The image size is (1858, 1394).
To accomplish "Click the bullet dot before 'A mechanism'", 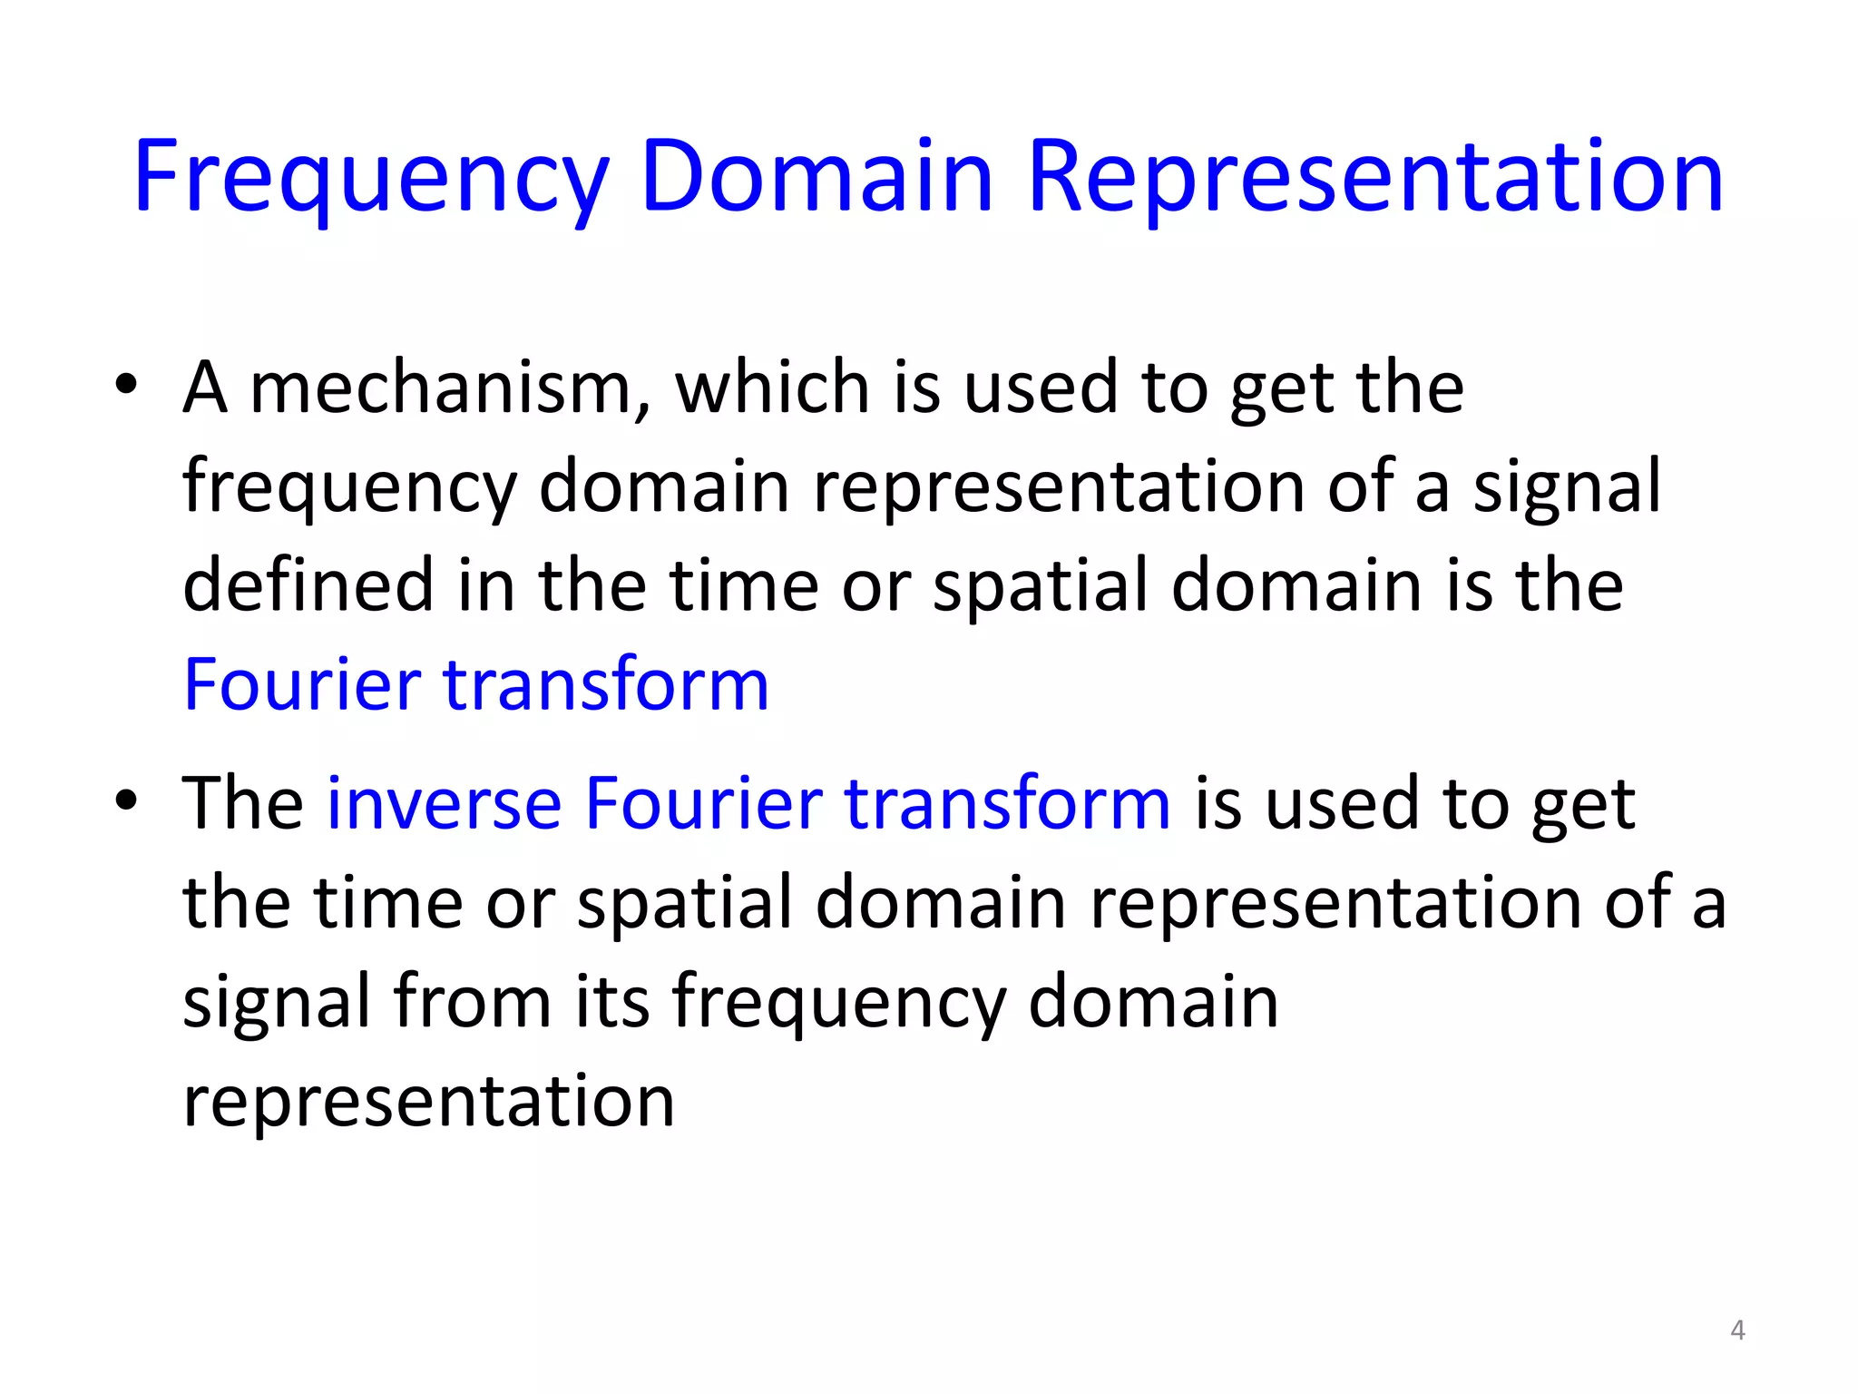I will [126, 384].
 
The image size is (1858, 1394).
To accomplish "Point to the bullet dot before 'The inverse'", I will [126, 800].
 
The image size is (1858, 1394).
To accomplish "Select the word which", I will [774, 388].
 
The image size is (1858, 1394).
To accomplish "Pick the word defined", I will [308, 585].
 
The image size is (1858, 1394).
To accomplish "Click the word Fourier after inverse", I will [703, 804].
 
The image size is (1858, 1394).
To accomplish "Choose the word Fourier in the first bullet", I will [302, 684].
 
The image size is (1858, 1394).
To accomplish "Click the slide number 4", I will [1737, 1330].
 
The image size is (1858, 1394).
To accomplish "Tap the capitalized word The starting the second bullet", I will [243, 804].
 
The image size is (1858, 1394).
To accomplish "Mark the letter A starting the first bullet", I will [204, 388].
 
